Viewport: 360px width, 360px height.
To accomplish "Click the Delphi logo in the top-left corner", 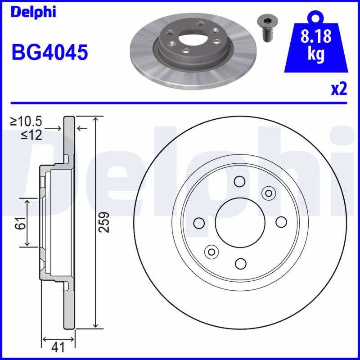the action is (x=33, y=12).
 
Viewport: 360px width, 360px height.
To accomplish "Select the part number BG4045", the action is (x=50, y=52).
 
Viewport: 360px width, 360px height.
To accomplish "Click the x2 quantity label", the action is (x=339, y=89).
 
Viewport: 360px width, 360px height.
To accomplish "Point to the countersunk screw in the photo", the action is (x=267, y=28).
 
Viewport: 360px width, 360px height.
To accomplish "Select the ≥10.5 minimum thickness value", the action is (x=26, y=121).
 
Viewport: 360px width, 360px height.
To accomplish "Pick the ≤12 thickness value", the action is (x=31, y=135).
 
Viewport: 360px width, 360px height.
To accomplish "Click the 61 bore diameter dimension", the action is (x=21, y=223).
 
